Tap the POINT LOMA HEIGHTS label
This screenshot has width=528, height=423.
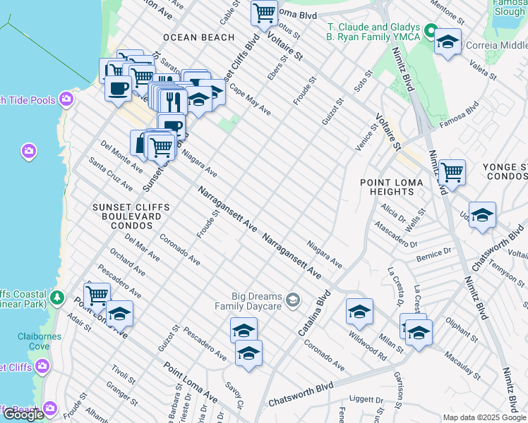[392, 188]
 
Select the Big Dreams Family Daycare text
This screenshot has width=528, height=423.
[257, 301]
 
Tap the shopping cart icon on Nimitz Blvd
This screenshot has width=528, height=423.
[452, 171]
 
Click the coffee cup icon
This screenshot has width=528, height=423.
[117, 89]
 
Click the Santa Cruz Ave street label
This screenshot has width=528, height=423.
[110, 174]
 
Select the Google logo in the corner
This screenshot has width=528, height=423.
[23, 414]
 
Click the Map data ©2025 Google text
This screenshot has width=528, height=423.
[484, 417]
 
